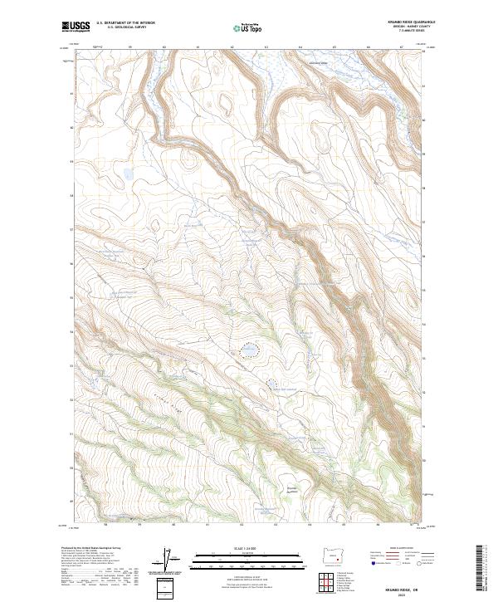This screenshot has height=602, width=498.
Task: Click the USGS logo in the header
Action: click(x=76, y=27)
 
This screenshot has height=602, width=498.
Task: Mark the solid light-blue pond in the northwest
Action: click(x=128, y=174)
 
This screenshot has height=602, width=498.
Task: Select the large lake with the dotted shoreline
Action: click(x=248, y=351)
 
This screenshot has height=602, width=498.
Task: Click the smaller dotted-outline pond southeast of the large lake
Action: click(x=271, y=383)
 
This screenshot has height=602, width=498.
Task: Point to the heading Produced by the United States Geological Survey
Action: click(x=96, y=550)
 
